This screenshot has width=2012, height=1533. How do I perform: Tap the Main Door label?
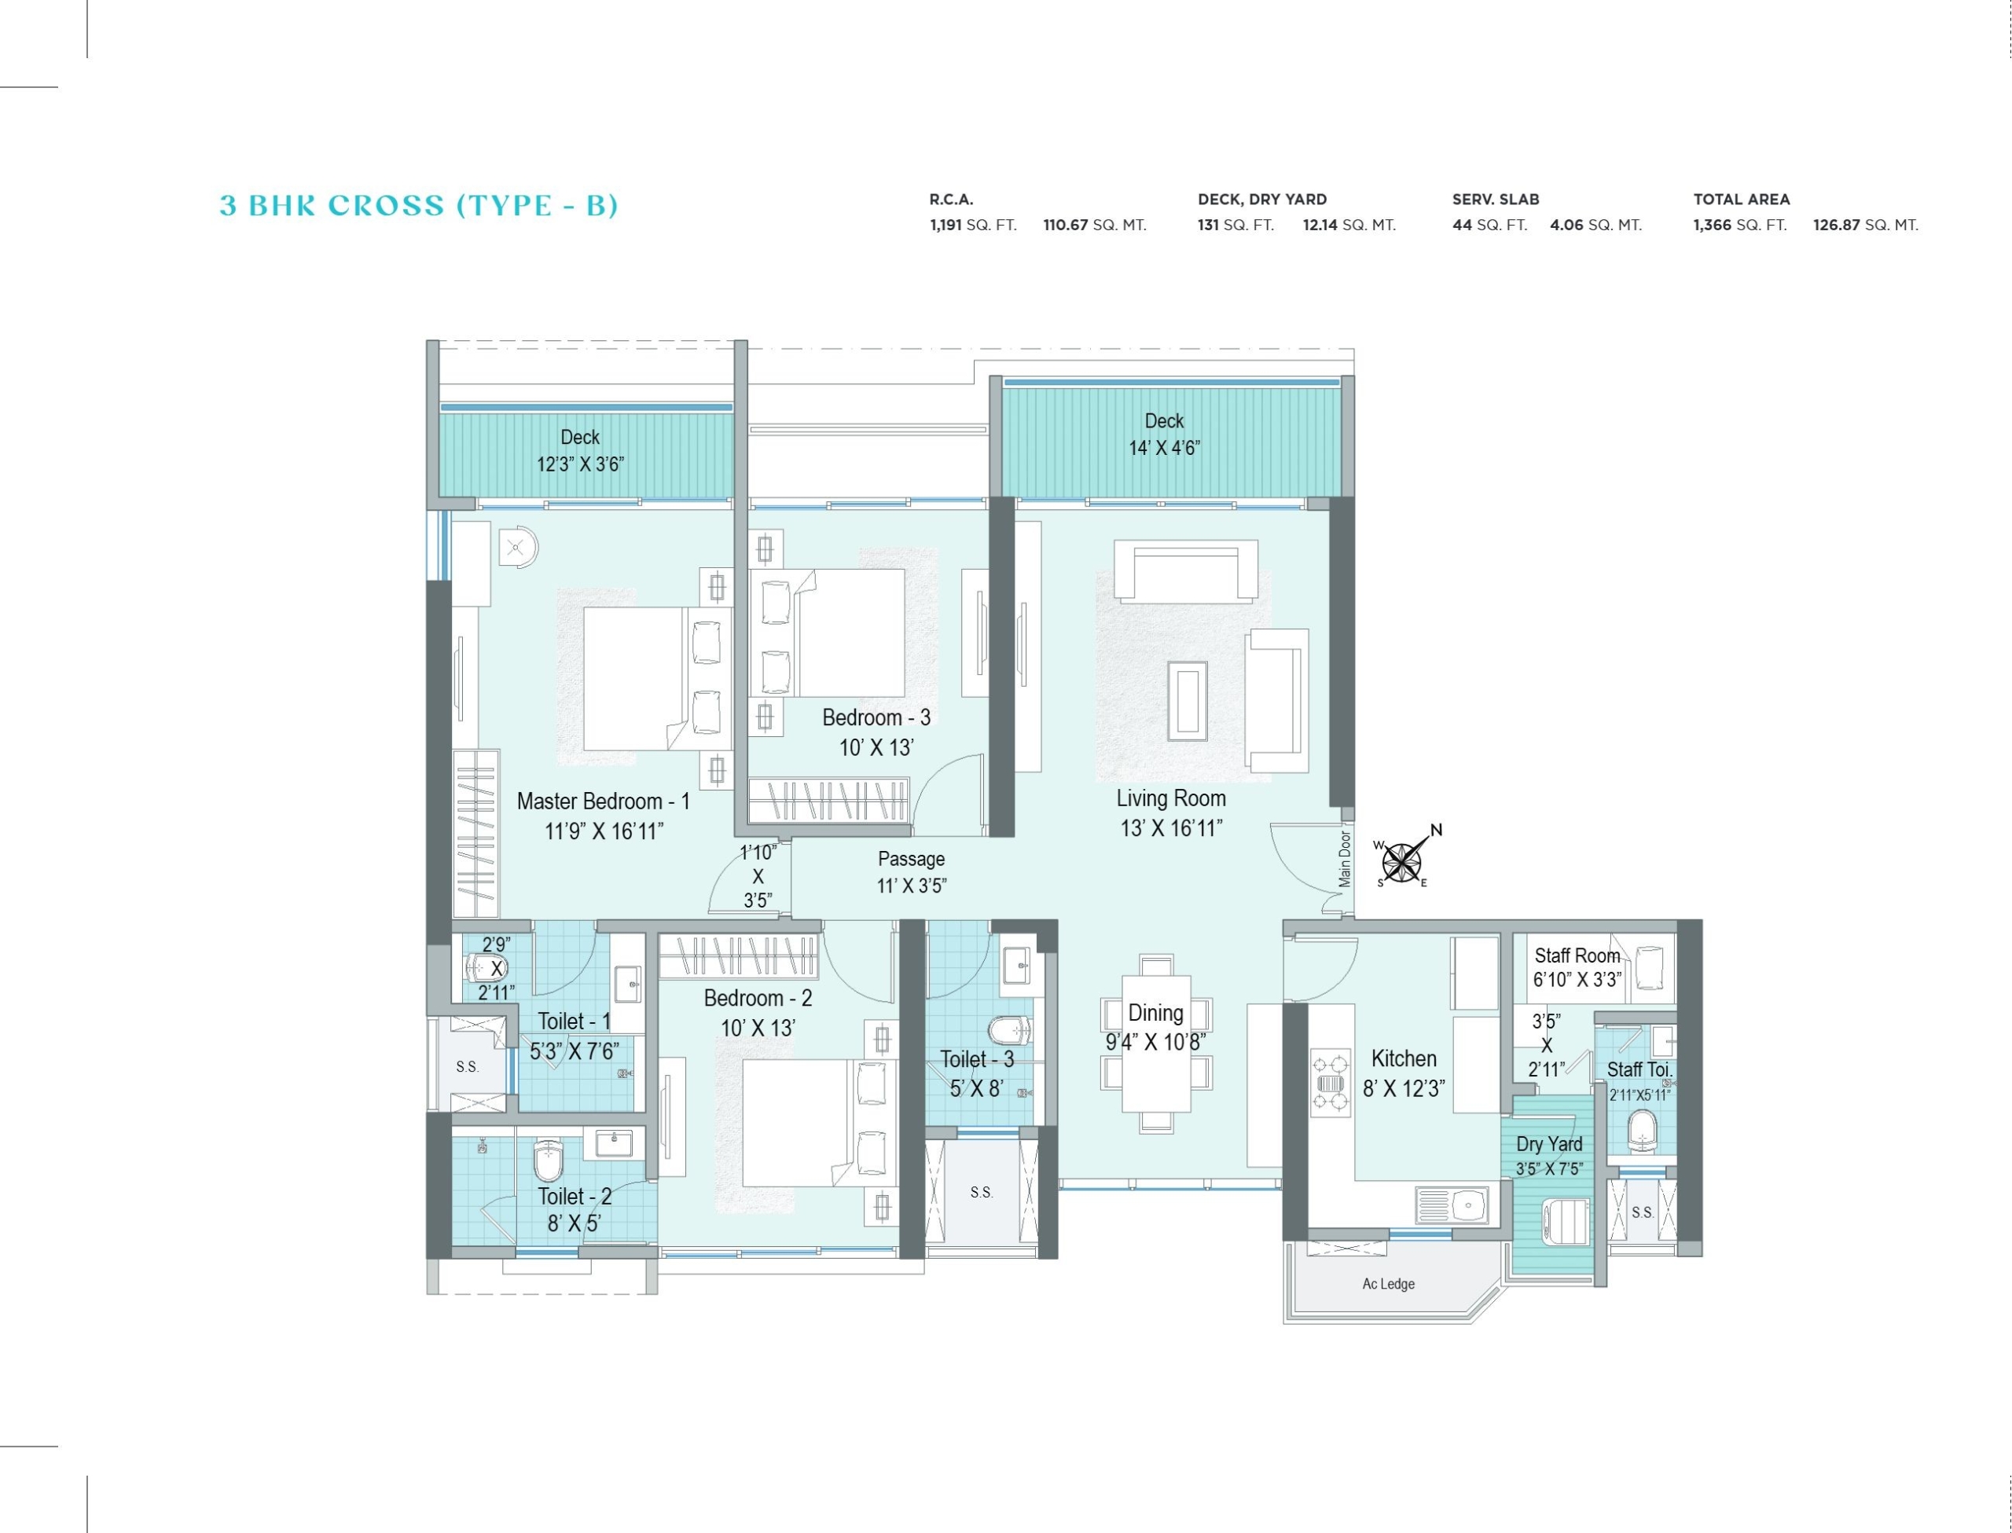click(1345, 859)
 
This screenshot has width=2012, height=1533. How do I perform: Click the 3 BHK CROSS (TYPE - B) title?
click(419, 205)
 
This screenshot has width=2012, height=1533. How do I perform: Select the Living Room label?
click(1171, 798)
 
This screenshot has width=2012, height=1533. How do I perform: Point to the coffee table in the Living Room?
click(1187, 700)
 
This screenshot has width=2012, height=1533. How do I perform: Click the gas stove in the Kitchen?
click(1331, 1083)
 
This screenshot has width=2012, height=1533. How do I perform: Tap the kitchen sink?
click(1452, 1205)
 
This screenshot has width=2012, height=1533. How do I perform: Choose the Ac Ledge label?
click(1388, 1284)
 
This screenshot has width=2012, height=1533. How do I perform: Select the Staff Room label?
click(1577, 955)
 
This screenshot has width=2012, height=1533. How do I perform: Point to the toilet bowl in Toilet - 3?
click(1010, 1031)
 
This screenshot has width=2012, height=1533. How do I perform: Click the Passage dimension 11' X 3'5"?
click(912, 885)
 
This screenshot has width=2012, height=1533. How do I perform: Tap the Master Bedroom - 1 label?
click(603, 801)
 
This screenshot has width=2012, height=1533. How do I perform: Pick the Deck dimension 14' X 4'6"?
click(1164, 447)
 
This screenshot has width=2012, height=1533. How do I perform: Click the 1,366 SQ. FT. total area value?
click(1739, 225)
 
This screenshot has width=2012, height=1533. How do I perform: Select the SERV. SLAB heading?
click(1496, 199)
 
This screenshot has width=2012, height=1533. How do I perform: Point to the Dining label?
click(1155, 1013)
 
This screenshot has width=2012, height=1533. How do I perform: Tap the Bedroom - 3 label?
click(876, 717)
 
